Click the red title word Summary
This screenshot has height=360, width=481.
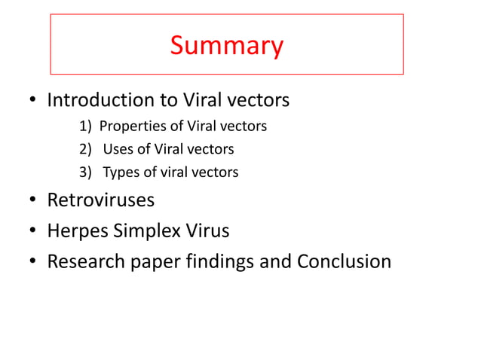(226, 46)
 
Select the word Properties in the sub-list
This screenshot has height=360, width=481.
(129, 125)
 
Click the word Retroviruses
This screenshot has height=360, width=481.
(101, 200)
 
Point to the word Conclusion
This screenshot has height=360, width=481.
(344, 261)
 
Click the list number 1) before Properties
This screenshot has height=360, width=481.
(85, 125)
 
